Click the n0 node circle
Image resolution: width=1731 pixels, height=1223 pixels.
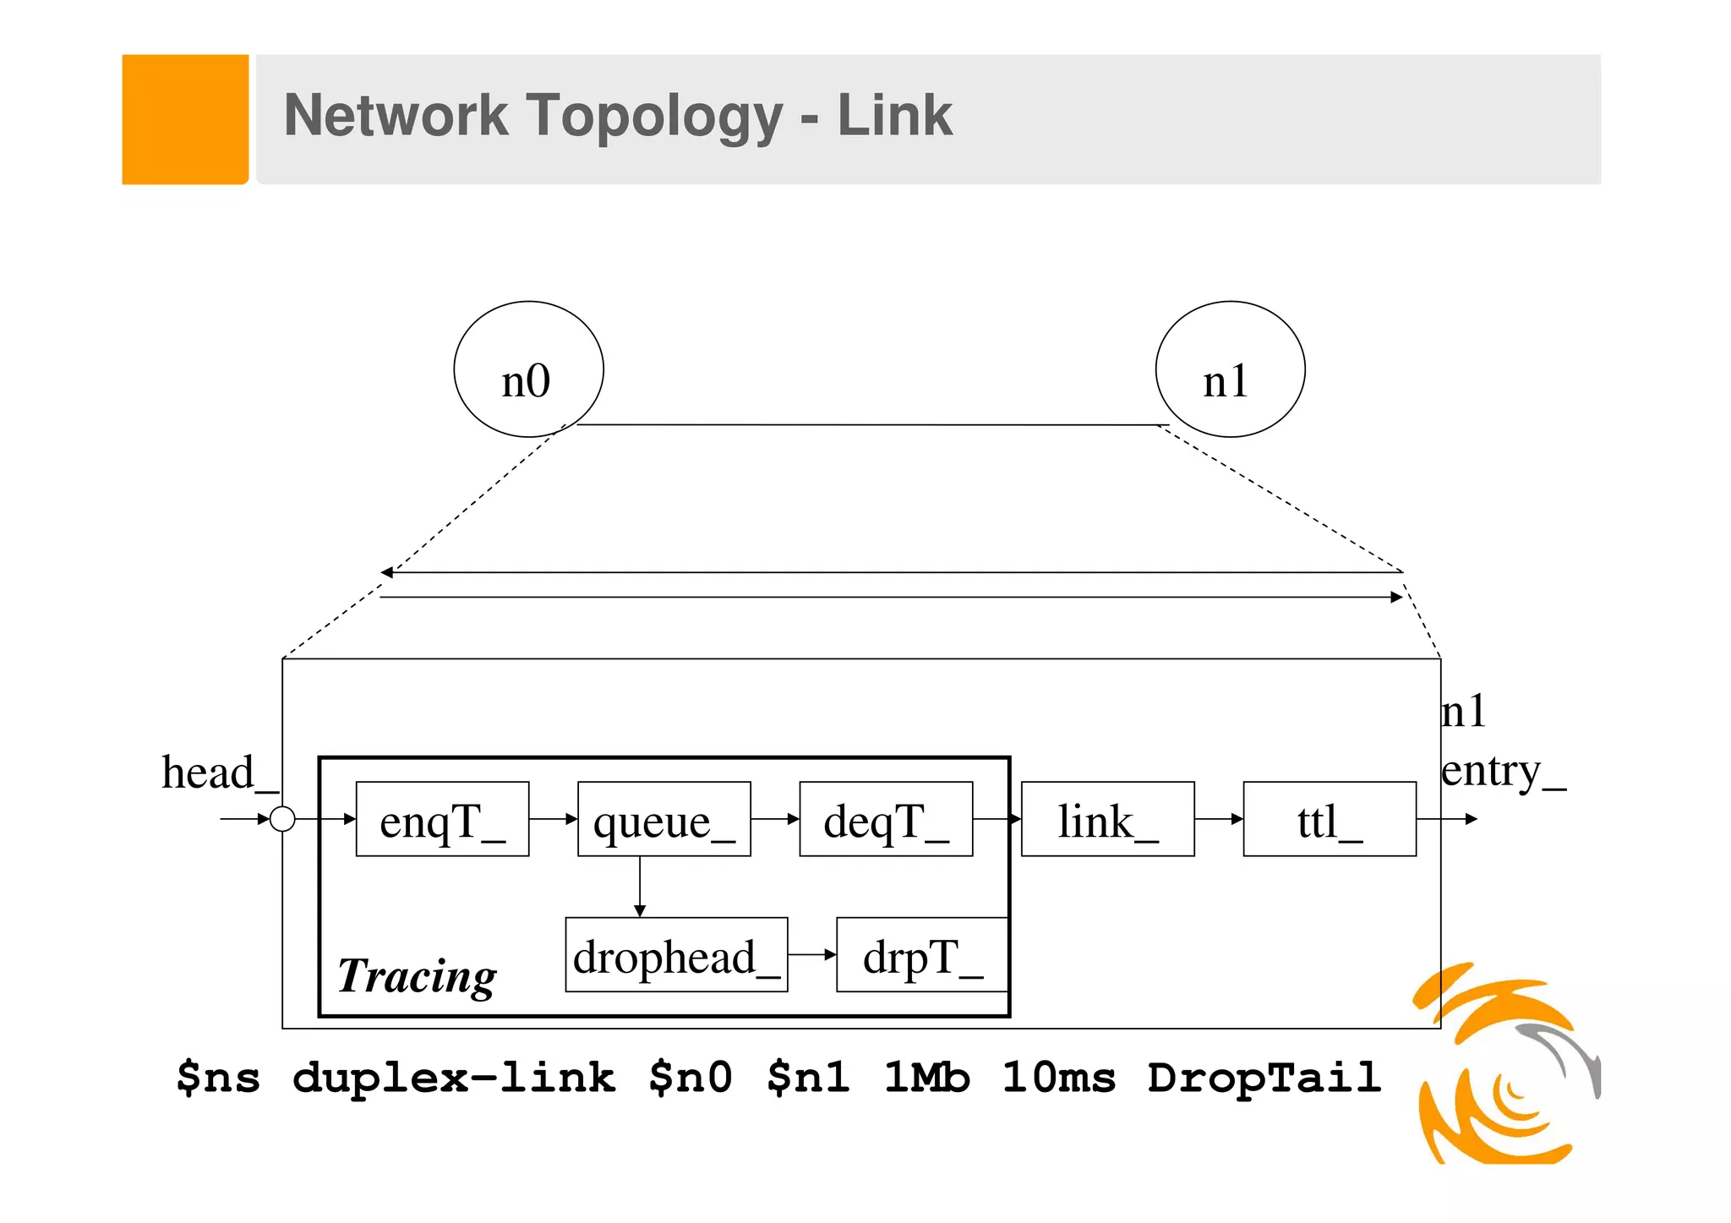(x=528, y=369)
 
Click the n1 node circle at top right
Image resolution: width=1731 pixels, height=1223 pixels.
(x=1230, y=369)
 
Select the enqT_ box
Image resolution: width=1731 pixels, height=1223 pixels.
(x=442, y=819)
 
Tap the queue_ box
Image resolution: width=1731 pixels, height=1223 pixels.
(x=664, y=819)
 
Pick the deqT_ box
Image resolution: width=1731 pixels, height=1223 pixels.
(x=886, y=819)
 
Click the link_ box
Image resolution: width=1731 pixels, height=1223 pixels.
(x=1107, y=819)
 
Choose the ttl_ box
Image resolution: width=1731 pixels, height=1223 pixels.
(x=1330, y=819)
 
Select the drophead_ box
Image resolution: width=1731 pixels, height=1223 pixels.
(x=676, y=955)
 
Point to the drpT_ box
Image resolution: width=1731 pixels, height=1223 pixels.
(x=922, y=955)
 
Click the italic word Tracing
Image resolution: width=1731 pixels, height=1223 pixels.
(x=417, y=975)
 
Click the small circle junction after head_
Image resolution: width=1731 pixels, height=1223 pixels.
(x=282, y=819)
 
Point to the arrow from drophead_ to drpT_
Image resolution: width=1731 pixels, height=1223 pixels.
(x=811, y=954)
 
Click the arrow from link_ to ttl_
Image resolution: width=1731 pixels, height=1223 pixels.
(x=1218, y=819)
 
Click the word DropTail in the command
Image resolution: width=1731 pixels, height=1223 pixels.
(x=1264, y=1078)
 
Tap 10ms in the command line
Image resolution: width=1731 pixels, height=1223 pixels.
(x=1059, y=1078)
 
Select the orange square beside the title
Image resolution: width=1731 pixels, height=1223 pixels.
(x=185, y=119)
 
